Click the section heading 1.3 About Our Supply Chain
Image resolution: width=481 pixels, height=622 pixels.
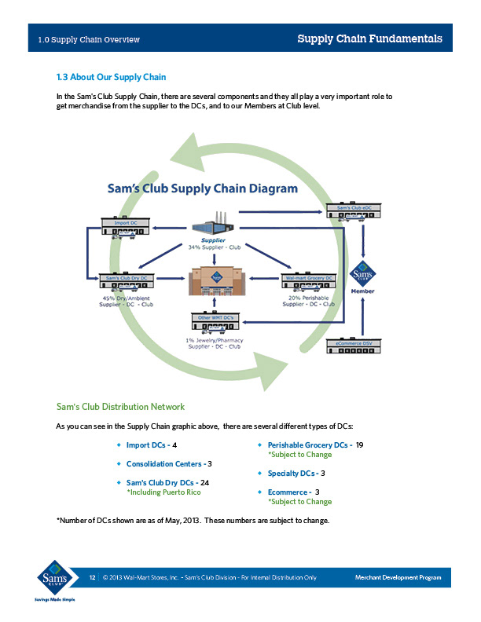(x=111, y=77)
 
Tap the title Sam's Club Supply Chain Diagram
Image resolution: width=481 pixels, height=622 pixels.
(x=202, y=188)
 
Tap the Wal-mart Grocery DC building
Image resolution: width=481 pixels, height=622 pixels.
(x=308, y=284)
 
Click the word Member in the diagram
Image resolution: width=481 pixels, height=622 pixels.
(x=362, y=291)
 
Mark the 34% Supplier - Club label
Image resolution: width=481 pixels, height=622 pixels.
(x=213, y=247)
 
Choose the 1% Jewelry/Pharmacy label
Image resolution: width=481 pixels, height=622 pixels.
(x=214, y=340)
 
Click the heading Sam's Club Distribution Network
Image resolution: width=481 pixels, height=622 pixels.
(x=120, y=407)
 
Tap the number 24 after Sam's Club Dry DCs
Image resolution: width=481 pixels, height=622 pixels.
(x=204, y=482)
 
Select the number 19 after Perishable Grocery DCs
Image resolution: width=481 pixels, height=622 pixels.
(x=359, y=445)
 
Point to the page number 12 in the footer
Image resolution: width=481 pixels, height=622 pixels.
(x=92, y=578)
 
